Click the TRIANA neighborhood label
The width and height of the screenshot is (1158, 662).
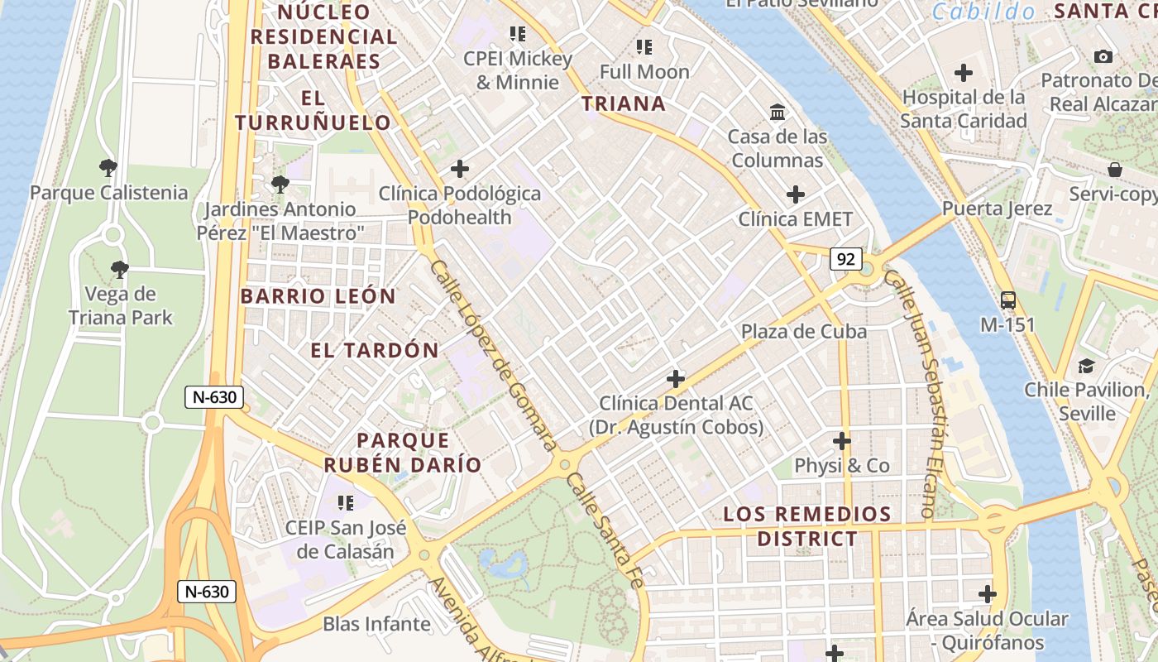623,103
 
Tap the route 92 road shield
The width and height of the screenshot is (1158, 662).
845,259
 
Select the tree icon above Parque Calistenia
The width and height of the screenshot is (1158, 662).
108,169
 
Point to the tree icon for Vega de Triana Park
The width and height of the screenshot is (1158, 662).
120,269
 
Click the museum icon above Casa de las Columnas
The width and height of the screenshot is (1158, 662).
778,112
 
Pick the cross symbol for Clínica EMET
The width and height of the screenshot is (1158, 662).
796,195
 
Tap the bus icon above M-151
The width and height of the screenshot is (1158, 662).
1007,300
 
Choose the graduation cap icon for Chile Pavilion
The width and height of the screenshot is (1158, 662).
1086,365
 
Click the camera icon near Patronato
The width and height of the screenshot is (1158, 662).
1103,56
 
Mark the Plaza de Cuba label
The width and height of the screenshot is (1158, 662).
803,332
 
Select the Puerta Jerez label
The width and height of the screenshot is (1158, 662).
997,208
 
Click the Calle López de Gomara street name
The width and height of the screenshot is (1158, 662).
494,356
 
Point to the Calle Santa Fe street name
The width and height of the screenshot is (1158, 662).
604,530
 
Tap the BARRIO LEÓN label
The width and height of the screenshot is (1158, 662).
318,296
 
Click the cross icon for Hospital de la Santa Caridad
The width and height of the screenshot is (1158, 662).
964,73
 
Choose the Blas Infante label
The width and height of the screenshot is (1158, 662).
377,624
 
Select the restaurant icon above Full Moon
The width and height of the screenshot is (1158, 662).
644,47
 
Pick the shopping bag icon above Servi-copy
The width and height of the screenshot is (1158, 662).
1115,170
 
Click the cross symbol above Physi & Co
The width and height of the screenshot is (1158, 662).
842,441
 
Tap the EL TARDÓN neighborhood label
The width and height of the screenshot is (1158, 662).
375,350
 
